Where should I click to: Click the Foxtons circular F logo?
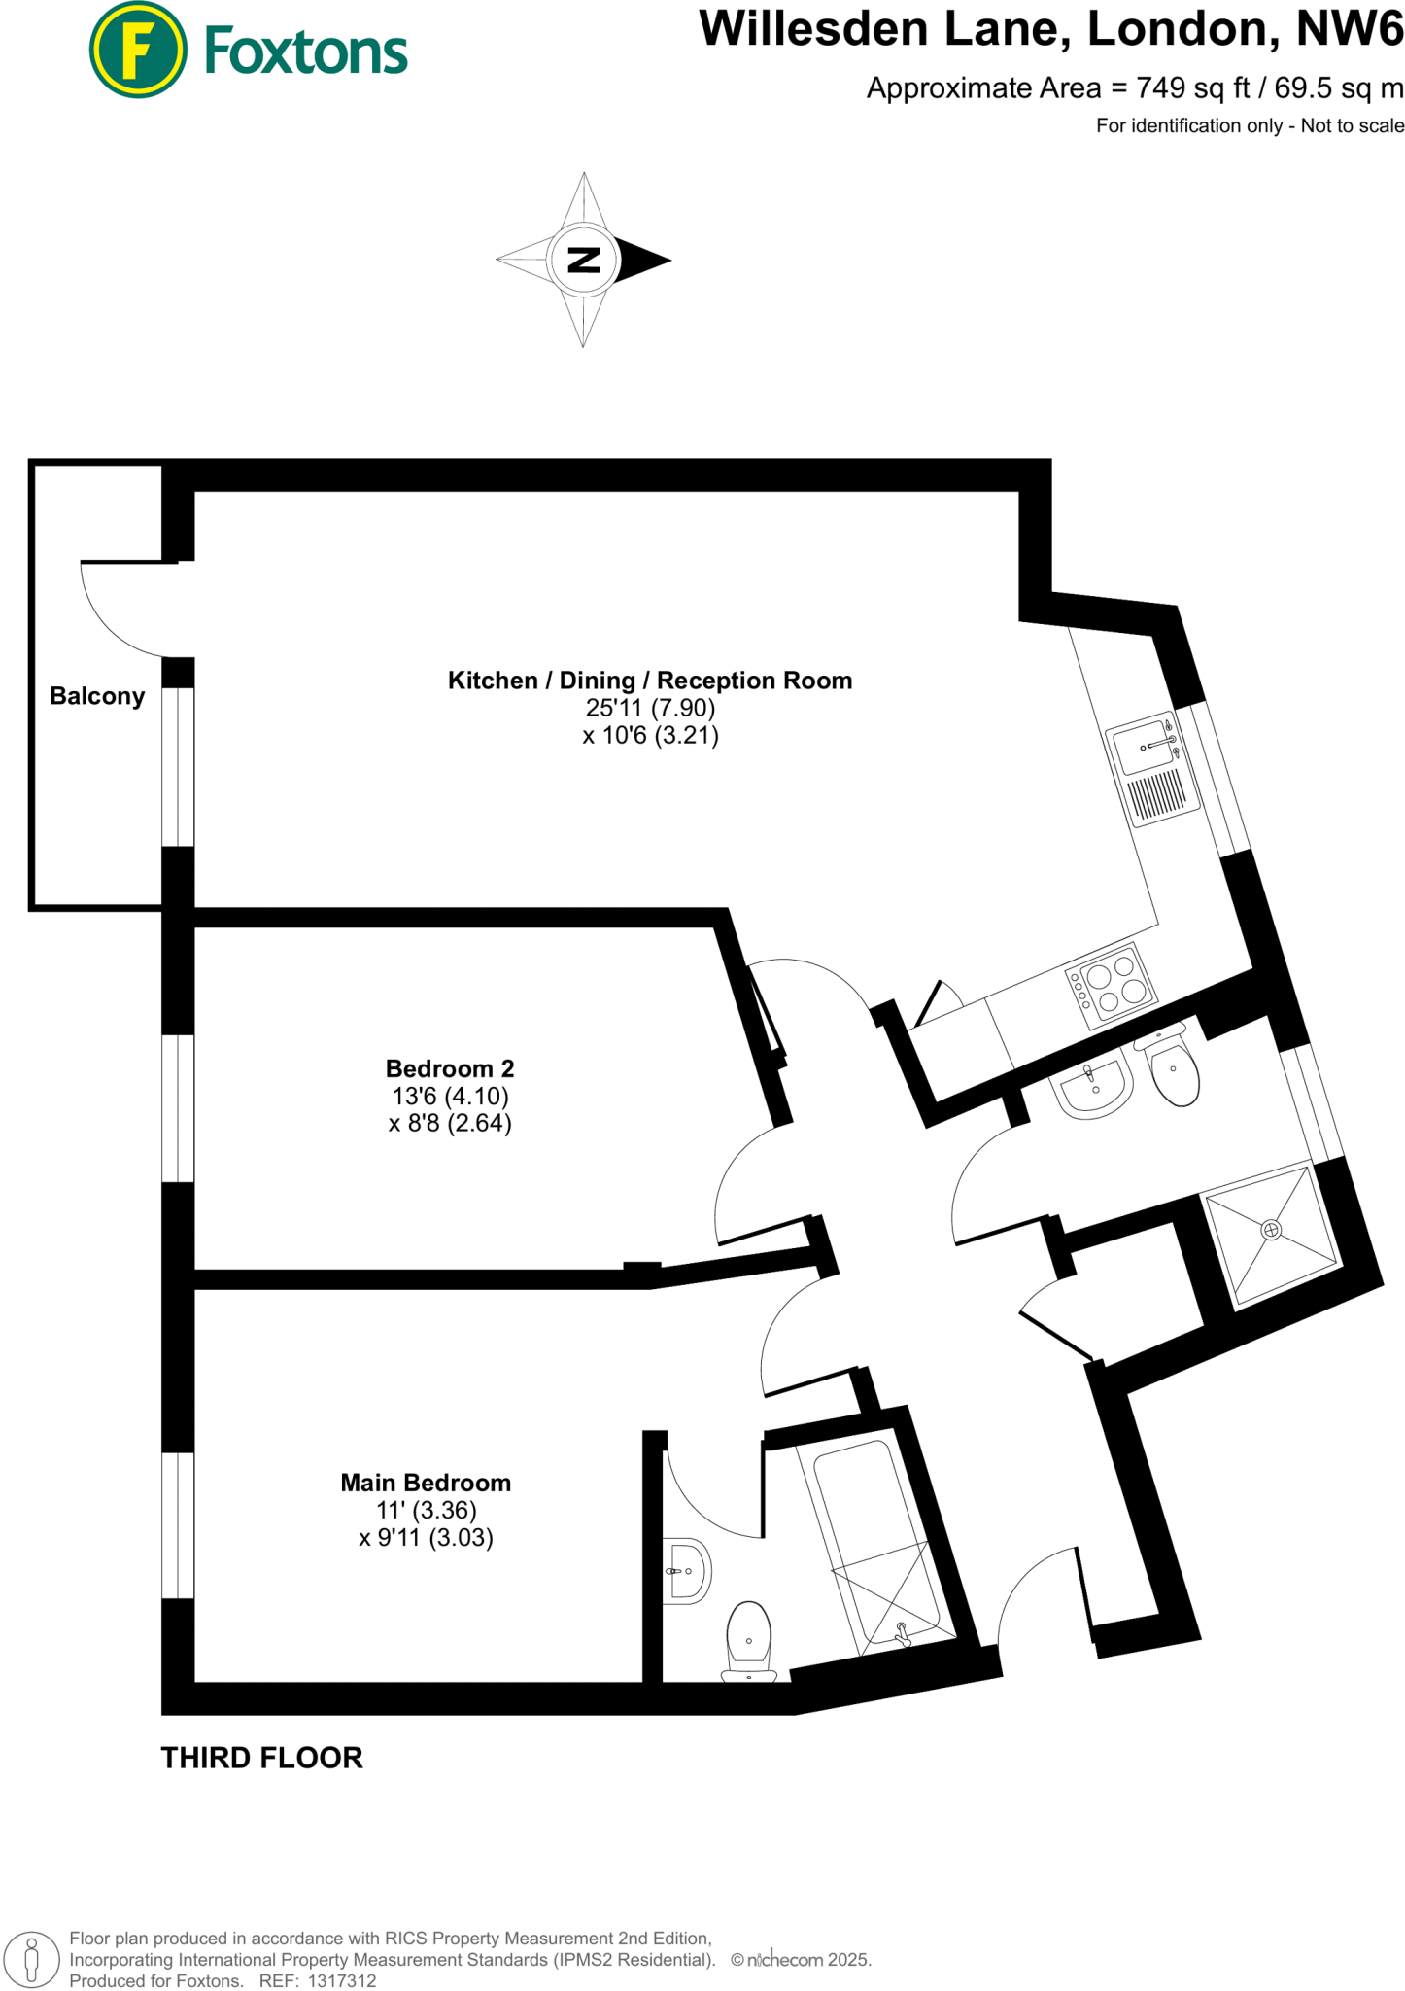click(138, 50)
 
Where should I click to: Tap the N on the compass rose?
click(583, 260)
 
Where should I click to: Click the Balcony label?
click(97, 696)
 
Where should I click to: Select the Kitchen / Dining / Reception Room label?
click(649, 681)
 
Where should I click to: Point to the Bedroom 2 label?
click(450, 1068)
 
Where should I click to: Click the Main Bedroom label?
click(426, 1483)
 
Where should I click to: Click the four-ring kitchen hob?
click(1112, 984)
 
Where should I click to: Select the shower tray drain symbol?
click(1271, 1230)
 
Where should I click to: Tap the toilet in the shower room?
click(1174, 1070)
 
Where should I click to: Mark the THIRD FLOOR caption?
click(261, 1758)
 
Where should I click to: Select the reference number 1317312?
click(342, 1980)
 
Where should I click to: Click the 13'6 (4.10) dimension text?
click(450, 1096)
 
